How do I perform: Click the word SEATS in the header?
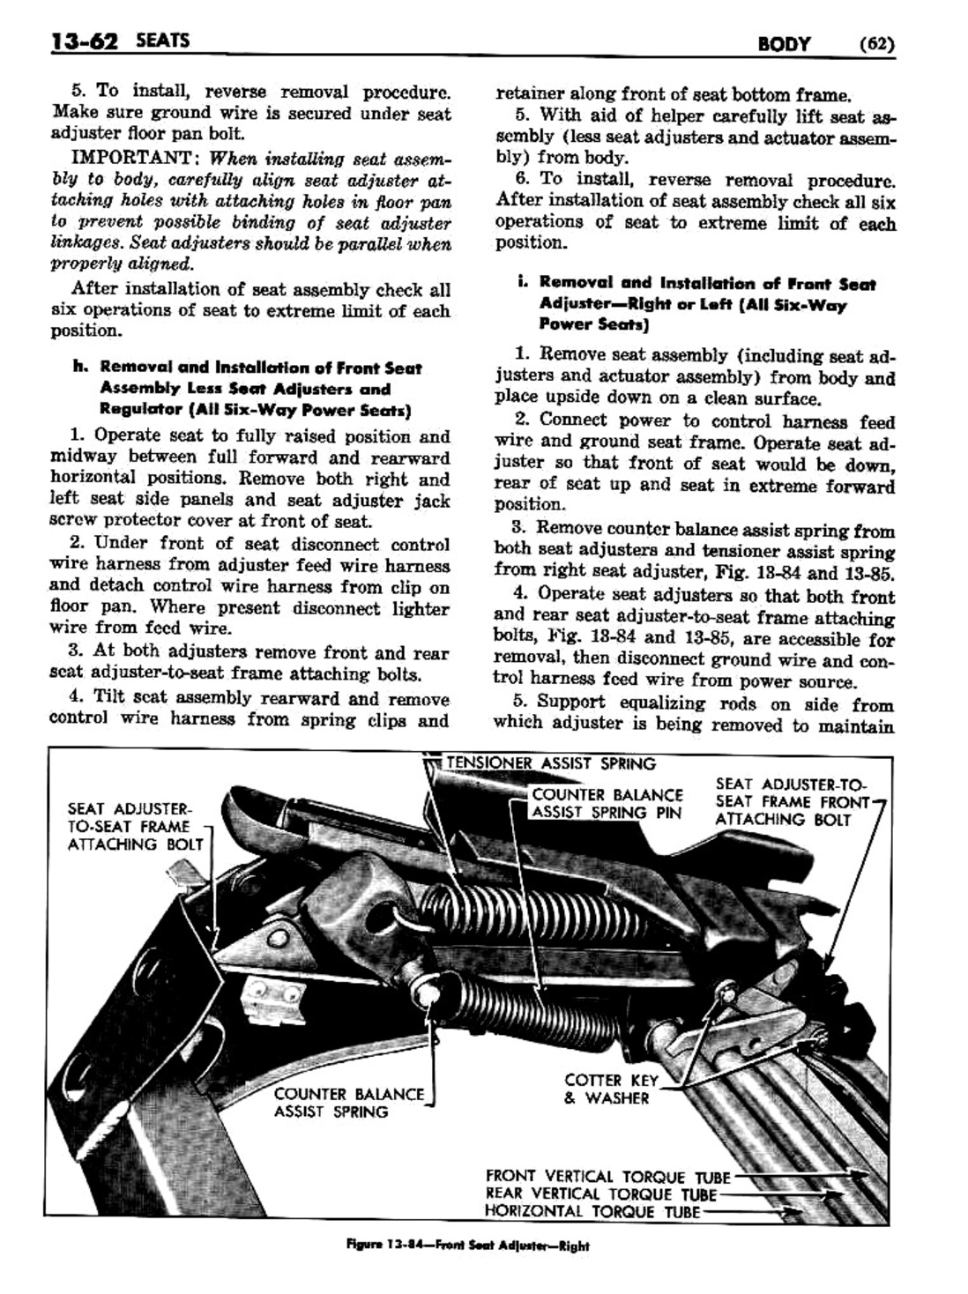(x=151, y=41)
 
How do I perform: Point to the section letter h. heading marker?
(x=79, y=368)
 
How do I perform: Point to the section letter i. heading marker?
(x=522, y=283)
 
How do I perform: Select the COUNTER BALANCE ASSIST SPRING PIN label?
(x=607, y=803)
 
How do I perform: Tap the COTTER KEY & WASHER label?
(x=607, y=1089)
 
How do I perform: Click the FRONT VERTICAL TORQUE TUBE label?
(x=608, y=1177)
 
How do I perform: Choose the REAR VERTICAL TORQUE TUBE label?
(x=601, y=1194)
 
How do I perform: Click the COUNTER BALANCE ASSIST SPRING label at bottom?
(x=349, y=1103)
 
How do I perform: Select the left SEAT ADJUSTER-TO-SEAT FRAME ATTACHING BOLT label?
(x=135, y=826)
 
